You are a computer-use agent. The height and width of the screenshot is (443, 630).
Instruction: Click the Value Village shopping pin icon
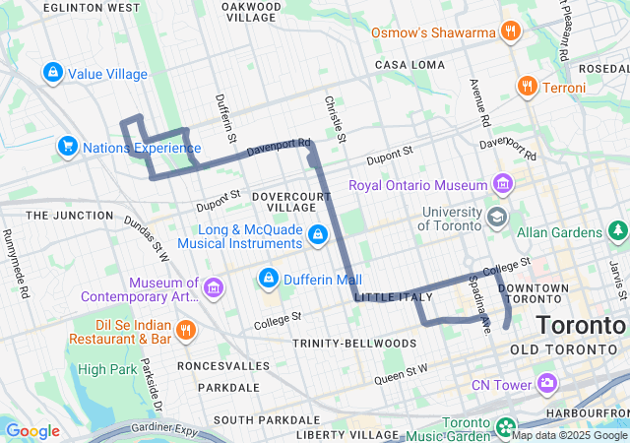pyautogui.click(x=52, y=73)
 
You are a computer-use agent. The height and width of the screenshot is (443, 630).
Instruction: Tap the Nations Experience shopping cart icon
pyautogui.click(x=68, y=147)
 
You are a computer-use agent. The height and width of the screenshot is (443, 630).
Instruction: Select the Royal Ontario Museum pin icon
pyautogui.click(x=503, y=184)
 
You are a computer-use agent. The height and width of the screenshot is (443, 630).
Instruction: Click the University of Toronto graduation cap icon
pyautogui.click(x=498, y=217)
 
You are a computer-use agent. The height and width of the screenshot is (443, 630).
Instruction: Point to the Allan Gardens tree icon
pyautogui.click(x=617, y=231)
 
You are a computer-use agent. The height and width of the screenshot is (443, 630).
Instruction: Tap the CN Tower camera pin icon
pyautogui.click(x=547, y=384)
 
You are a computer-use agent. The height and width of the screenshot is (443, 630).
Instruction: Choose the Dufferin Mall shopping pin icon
pyautogui.click(x=267, y=279)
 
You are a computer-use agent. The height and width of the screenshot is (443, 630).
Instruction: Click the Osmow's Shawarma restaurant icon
pyautogui.click(x=510, y=32)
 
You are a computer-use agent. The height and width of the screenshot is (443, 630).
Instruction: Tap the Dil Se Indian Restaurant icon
pyautogui.click(x=187, y=330)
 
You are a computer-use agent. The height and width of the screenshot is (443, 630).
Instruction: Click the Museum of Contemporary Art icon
pyautogui.click(x=214, y=287)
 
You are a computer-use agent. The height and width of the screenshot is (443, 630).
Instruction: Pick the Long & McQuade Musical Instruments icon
pyautogui.click(x=317, y=234)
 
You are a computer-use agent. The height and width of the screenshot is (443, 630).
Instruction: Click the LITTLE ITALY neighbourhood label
pyautogui.click(x=394, y=297)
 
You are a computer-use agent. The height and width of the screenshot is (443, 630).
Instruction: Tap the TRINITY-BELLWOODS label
pyautogui.click(x=353, y=343)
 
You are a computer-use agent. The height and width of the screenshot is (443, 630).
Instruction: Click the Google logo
pyautogui.click(x=32, y=430)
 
